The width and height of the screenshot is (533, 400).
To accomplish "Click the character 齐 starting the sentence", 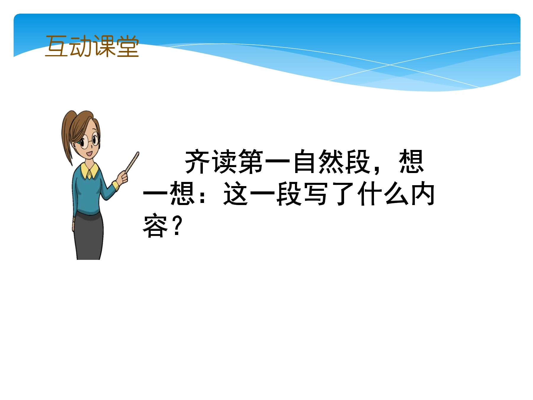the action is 197,161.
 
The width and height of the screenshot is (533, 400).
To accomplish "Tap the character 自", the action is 304,161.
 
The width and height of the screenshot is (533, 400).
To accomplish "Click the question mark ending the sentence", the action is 177,226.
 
